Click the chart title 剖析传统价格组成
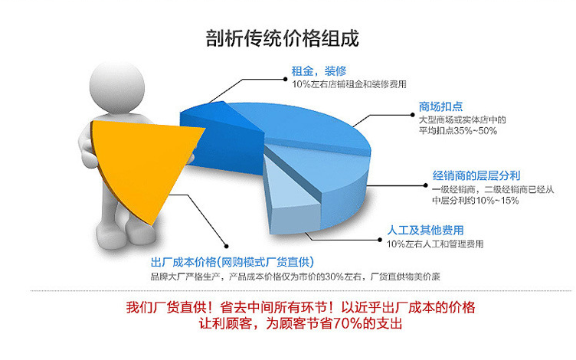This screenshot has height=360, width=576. [282, 38]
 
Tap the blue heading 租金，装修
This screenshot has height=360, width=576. [319, 71]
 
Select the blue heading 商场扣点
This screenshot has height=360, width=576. [440, 106]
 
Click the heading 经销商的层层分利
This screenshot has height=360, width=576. [476, 175]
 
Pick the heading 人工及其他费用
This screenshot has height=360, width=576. [425, 231]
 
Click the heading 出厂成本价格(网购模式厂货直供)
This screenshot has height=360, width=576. [232, 262]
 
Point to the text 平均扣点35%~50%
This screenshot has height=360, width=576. [458, 130]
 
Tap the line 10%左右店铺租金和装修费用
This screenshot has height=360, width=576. [349, 84]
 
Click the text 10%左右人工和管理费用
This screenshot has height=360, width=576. [435, 244]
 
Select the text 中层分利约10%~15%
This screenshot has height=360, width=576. [476, 200]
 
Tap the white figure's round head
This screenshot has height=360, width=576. [117, 88]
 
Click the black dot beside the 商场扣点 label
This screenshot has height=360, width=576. [413, 115]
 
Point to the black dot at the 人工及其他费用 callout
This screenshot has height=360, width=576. [380, 240]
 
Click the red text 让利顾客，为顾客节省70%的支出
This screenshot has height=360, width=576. [300, 324]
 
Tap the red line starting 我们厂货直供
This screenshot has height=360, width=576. [300, 307]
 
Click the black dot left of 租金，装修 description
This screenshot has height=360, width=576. [286, 79]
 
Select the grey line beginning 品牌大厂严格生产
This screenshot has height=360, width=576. [296, 277]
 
